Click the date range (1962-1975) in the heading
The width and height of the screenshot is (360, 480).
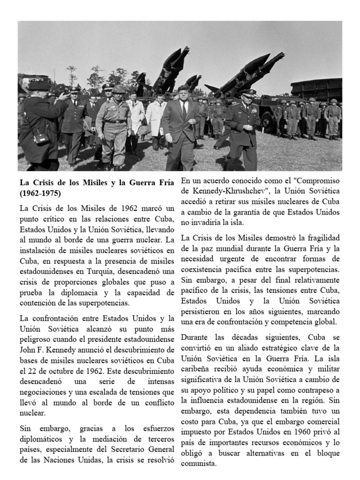[40, 193]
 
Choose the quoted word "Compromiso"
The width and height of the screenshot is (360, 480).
[313, 180]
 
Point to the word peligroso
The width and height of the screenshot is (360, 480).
[36, 338]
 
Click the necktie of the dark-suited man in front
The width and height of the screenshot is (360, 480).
[185, 109]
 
